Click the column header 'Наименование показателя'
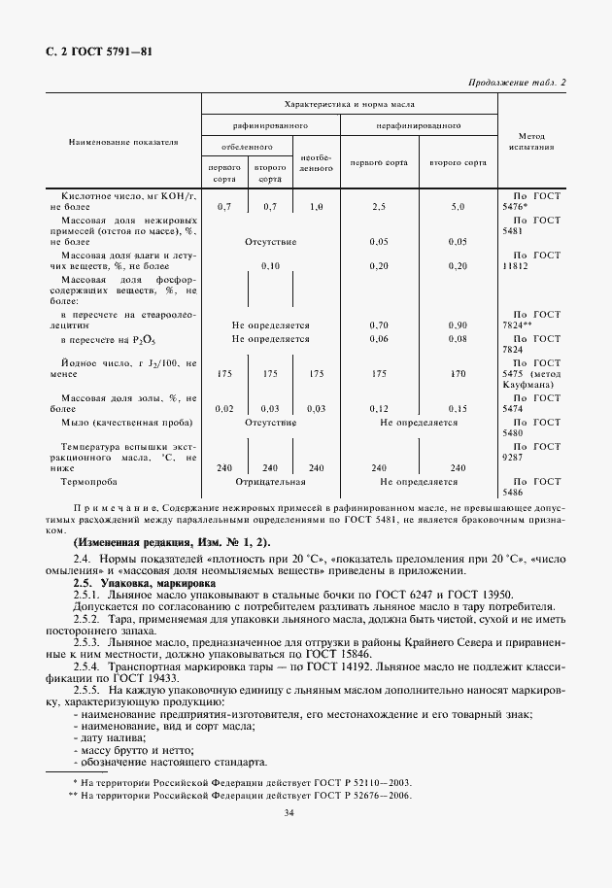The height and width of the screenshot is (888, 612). click(x=122, y=142)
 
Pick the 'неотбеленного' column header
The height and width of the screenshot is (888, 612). click(x=316, y=162)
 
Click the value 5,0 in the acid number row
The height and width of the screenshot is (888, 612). click(x=458, y=207)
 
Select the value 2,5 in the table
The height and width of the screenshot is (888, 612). click(x=379, y=207)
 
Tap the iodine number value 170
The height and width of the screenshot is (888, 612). click(x=458, y=373)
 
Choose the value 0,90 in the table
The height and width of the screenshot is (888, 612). click(x=458, y=324)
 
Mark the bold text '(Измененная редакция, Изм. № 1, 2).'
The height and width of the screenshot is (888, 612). click(x=172, y=541)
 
